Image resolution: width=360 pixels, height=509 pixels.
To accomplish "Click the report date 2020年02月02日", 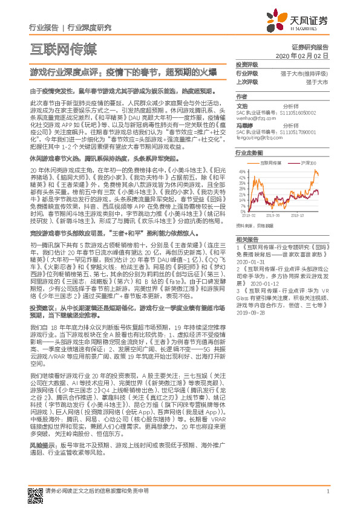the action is click(x=306, y=56).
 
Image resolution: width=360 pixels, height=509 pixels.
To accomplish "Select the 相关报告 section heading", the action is click(x=246, y=240).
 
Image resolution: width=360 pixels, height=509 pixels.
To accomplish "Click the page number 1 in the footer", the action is click(x=327, y=491).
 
